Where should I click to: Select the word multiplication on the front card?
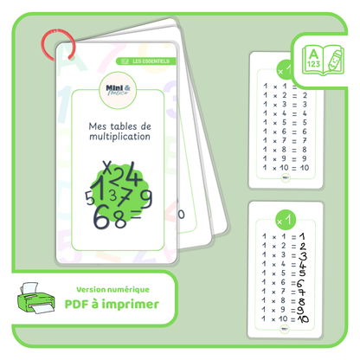(119, 138)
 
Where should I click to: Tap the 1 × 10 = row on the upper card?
(282, 169)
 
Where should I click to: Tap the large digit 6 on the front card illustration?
(102, 214)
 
